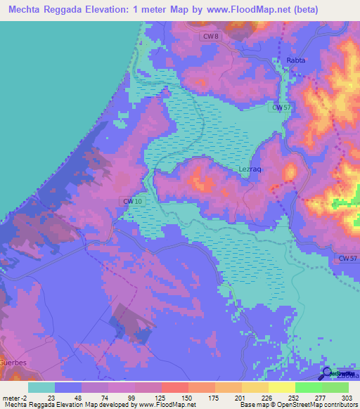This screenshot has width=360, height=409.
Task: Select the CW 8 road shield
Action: tap(210, 36)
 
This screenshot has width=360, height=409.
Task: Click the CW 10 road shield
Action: tap(132, 202)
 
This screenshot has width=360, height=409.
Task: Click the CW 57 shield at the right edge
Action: tap(348, 259)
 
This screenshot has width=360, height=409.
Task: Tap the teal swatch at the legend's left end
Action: tap(41, 387)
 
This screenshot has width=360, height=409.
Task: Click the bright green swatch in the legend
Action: tap(308, 387)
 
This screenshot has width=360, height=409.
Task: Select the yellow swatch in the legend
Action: tap(281, 387)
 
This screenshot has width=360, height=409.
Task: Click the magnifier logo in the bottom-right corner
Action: tap(328, 373)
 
